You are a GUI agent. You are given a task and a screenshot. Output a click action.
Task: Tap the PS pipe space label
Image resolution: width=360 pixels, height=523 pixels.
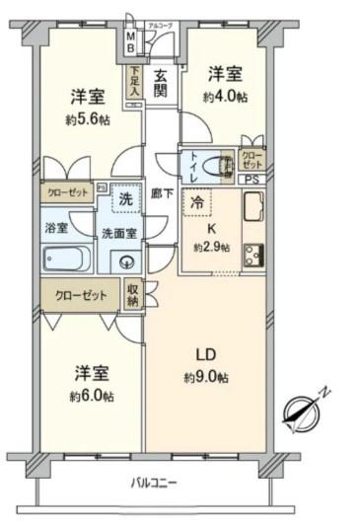253,180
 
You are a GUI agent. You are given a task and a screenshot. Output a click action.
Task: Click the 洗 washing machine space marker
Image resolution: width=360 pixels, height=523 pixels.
124,197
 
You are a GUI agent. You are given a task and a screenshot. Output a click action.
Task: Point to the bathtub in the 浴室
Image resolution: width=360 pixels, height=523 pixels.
67,260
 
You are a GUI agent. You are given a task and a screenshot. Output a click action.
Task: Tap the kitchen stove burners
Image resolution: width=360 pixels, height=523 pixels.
252,256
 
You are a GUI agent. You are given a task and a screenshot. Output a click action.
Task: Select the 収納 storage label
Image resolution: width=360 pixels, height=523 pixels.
133,293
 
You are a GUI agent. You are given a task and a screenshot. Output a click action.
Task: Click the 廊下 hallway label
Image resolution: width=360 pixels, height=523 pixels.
163,193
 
